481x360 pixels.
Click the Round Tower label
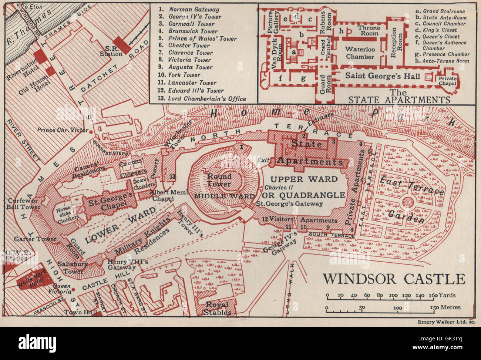pos(219,180)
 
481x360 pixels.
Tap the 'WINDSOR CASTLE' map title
pos(394,279)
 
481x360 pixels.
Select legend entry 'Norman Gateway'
pos(194,10)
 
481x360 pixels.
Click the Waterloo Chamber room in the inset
pos(360,53)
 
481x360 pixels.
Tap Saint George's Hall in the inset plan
pos(382,76)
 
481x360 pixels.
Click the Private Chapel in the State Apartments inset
pos(447,81)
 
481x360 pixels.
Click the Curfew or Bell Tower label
pos(23,204)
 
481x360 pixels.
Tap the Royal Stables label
pos(217,308)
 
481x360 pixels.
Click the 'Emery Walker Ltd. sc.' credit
pos(446,322)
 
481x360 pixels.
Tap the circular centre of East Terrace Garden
pos(408,202)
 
